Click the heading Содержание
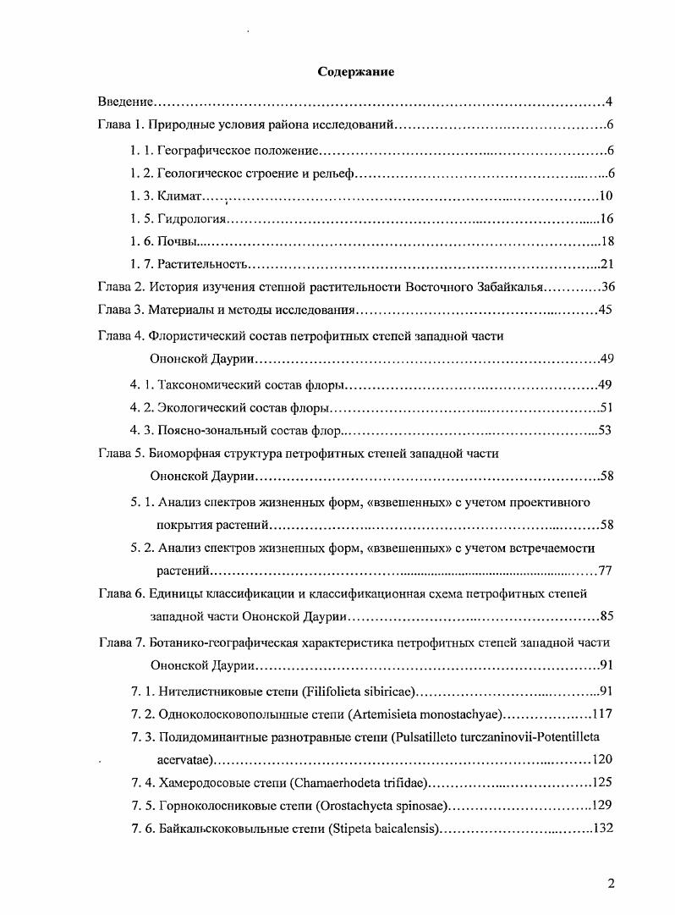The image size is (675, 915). (355, 72)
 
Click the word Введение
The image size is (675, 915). (125, 102)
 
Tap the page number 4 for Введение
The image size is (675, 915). (608, 102)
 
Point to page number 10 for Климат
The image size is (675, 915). (605, 196)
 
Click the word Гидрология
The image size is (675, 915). (193, 219)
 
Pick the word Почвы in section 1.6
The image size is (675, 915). (177, 242)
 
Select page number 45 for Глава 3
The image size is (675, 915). (605, 311)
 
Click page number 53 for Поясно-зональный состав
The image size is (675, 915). (605, 430)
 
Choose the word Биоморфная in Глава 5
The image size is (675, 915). (184, 453)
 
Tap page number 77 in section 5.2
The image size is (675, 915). (605, 570)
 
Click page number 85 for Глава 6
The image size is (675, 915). (605, 615)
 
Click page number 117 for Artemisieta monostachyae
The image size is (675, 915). (602, 713)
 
